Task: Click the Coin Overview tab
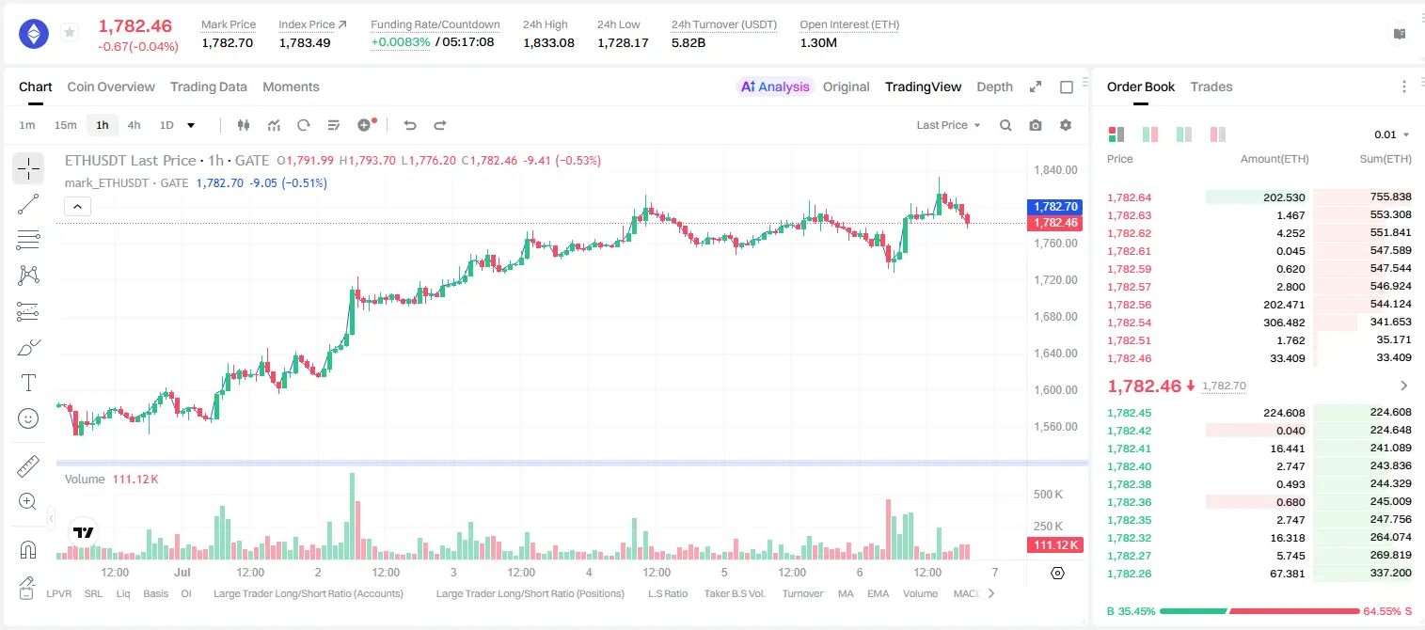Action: coord(111,87)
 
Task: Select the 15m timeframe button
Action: coord(65,125)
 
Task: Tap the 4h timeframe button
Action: coord(134,125)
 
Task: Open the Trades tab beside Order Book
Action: coord(1211,87)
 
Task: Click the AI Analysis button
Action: coord(775,87)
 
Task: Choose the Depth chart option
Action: coord(994,87)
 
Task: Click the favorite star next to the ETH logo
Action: coord(70,32)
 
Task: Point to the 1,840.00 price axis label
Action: coord(1055,170)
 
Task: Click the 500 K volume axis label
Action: coord(1048,494)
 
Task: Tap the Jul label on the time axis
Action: coord(182,572)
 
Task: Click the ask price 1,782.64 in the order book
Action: coord(1130,197)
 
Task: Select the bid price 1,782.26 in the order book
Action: coord(1130,574)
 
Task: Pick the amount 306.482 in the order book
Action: coord(1284,323)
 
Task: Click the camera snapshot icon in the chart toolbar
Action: coord(1036,125)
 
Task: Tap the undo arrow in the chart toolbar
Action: coord(410,125)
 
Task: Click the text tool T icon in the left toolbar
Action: coord(28,383)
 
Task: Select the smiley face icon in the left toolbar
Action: coord(28,418)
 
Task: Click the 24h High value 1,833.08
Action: coord(548,42)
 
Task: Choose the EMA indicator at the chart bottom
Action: coord(878,593)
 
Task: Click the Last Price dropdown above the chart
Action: coord(948,125)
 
